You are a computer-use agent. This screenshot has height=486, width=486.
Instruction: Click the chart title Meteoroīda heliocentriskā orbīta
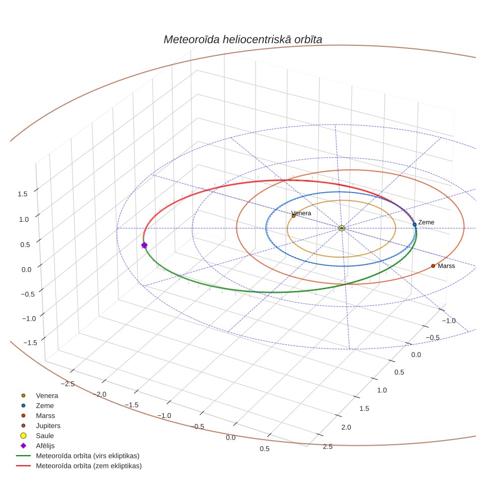(x=242, y=40)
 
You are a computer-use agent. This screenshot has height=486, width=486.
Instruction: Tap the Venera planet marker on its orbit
(x=293, y=216)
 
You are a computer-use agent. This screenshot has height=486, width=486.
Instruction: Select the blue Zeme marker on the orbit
(x=414, y=224)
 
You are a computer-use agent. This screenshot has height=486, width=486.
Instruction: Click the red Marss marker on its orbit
(x=433, y=266)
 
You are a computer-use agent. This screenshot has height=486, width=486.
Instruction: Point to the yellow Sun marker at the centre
(x=342, y=228)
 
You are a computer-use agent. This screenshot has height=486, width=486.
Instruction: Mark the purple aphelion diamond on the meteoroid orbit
(x=144, y=245)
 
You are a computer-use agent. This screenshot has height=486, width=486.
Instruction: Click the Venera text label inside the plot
(x=301, y=213)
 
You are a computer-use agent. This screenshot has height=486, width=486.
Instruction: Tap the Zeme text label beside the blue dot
(x=426, y=222)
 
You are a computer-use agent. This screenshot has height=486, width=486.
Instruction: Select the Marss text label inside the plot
(x=446, y=266)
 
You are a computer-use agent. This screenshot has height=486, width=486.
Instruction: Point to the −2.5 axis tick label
(x=68, y=384)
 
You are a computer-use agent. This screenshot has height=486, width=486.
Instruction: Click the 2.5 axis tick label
(x=328, y=447)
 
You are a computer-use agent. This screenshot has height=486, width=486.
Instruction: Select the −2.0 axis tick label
(x=99, y=394)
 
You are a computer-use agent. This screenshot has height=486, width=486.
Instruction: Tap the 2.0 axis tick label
(x=346, y=428)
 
